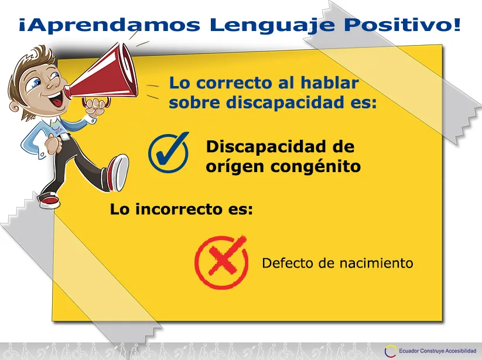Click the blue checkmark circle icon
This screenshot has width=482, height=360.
coord(169,152)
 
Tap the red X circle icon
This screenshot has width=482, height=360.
coord(221,262)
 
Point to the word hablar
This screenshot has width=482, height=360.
coord(329,83)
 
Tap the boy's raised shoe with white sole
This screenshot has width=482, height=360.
coord(118,173)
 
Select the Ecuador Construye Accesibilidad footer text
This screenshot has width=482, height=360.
coord(437,351)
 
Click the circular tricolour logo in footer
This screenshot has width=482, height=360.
coord(391,351)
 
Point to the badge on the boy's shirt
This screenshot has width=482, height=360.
coord(57,128)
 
